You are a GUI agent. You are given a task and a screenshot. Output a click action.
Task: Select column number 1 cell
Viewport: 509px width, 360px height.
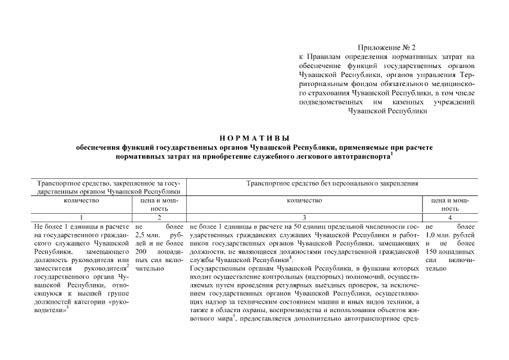pyautogui.click(x=82, y=217)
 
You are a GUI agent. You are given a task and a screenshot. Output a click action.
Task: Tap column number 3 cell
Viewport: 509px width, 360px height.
pyautogui.click(x=304, y=217)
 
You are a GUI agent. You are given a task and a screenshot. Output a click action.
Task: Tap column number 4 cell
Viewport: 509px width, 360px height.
pyautogui.click(x=450, y=217)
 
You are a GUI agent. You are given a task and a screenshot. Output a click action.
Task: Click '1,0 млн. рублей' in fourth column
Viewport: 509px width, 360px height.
pyautogui.click(x=451, y=234)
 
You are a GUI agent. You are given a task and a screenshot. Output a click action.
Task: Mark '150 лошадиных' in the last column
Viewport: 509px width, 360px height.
pyautogui.click(x=451, y=251)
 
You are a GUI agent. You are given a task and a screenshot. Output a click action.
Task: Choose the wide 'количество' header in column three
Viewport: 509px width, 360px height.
pyautogui.click(x=304, y=200)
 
